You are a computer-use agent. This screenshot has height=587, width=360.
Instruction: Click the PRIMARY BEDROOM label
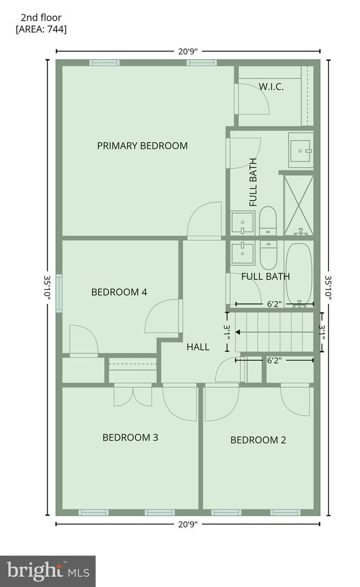coord(142,146)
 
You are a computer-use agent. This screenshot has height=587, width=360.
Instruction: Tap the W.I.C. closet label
coord(271,86)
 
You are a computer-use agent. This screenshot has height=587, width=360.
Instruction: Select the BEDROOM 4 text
coord(119,292)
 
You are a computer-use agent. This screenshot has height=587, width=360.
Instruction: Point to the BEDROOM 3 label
coord(130,437)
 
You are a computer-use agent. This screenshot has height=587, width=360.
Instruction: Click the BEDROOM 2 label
coord(258,440)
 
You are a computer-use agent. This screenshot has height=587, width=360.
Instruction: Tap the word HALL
coord(198,347)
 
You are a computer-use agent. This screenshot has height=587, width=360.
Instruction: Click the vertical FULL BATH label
coord(253,182)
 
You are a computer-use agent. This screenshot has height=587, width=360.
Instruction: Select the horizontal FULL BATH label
coord(265,276)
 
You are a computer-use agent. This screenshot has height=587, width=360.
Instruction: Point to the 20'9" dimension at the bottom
coord(188,524)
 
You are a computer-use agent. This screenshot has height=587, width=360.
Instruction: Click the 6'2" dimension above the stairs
coord(274,304)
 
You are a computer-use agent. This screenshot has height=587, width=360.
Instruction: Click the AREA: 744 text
coord(41,29)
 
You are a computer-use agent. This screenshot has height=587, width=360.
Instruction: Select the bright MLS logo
coord(48,571)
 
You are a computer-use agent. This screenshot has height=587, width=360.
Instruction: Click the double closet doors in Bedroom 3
coord(133,395)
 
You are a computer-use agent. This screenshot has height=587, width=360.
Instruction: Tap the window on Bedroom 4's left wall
coord(59,293)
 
